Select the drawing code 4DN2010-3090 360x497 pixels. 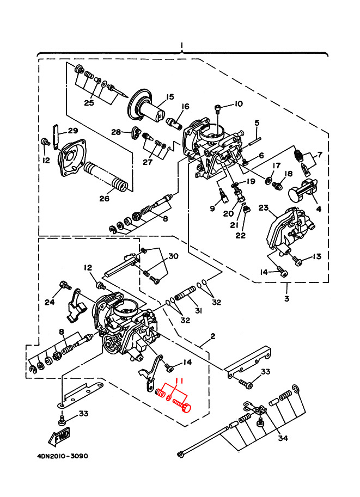pyautogui.click(x=56, y=456)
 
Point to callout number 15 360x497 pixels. pyautogui.click(x=169, y=97)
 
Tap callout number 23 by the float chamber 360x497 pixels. pyautogui.click(x=264, y=208)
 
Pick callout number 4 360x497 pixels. pyautogui.click(x=318, y=208)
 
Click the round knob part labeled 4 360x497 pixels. pyautogui.click(x=297, y=194)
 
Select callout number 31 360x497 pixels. pyautogui.click(x=199, y=310)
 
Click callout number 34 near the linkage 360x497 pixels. pyautogui.click(x=283, y=438)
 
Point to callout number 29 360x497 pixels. pyautogui.click(x=73, y=131)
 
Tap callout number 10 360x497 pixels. pyautogui.click(x=238, y=104)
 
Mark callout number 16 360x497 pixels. pyautogui.click(x=185, y=106)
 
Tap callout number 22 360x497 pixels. pyautogui.click(x=240, y=235)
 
